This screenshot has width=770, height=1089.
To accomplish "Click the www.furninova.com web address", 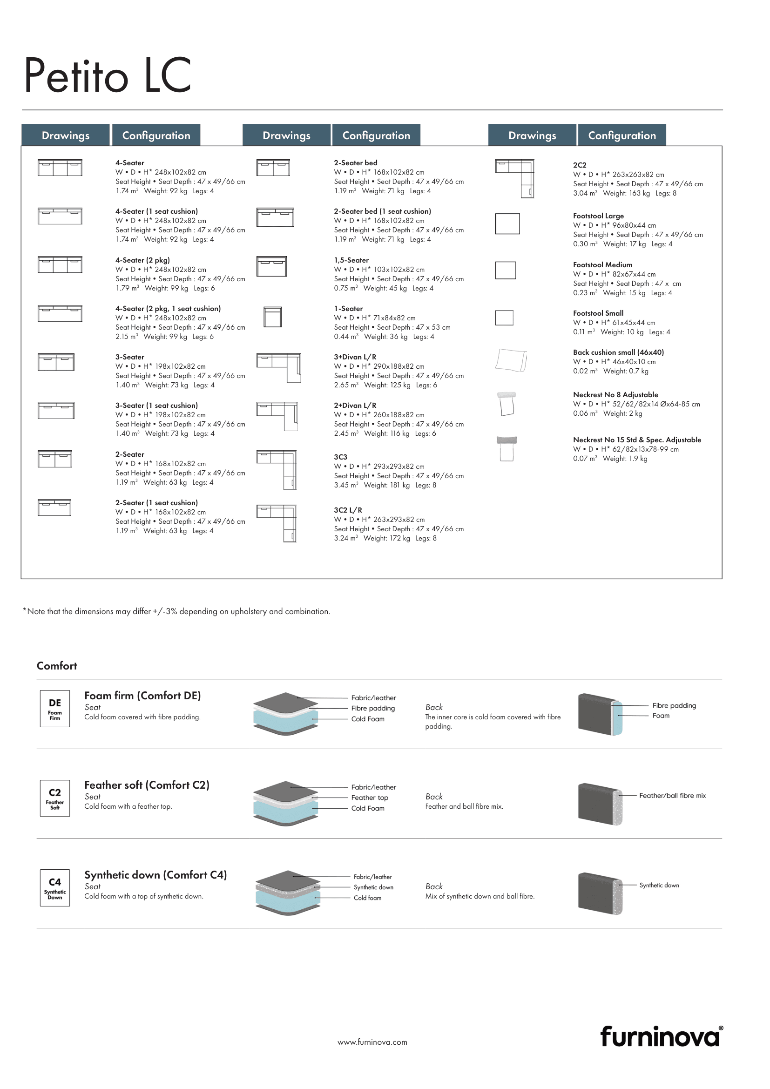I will point(372,1042).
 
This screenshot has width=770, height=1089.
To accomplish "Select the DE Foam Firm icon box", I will point(55,708).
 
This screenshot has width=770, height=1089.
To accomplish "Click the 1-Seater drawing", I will point(273,317).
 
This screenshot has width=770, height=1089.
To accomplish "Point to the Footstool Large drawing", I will point(507,223).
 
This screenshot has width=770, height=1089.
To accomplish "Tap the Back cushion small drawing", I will point(511,360).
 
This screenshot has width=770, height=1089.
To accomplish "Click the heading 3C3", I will point(340,457).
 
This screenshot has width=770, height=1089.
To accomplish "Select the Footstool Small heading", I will point(598,313).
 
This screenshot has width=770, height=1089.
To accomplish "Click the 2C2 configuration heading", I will point(580,165).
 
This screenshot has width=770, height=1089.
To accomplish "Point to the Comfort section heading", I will point(57,665).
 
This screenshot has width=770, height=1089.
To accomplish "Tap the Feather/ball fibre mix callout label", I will point(672,795).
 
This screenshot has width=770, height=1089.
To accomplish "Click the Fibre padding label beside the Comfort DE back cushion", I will point(674,705).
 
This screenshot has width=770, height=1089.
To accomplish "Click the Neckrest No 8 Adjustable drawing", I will point(507,404).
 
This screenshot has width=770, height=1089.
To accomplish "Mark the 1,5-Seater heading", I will point(351,260).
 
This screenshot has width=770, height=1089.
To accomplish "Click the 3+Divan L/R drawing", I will point(279,368).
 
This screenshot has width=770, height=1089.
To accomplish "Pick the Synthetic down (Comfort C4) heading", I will point(155,875).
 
